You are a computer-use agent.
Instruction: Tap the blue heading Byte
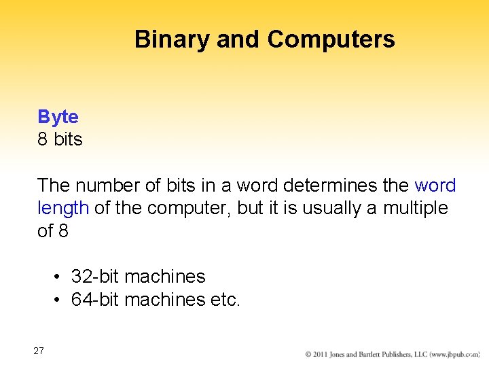pyautogui.click(x=58, y=117)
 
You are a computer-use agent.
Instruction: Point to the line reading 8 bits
pyautogui.click(x=60, y=139)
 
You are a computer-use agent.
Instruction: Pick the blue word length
pyautogui.click(x=62, y=208)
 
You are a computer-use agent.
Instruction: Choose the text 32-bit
pyautogui.click(x=95, y=277)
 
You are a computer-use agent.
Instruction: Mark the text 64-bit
pyautogui.click(x=95, y=299)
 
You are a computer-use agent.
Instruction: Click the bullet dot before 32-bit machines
pyautogui.click(x=59, y=277)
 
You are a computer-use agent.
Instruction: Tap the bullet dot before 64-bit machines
pyautogui.click(x=59, y=300)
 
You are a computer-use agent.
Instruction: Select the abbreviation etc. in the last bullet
pyautogui.click(x=225, y=299)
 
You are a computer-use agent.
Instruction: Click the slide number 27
pyautogui.click(x=39, y=351)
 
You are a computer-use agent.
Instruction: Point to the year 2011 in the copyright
pyautogui.click(x=323, y=355)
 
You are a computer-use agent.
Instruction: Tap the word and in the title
pyautogui.click(x=241, y=39)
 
